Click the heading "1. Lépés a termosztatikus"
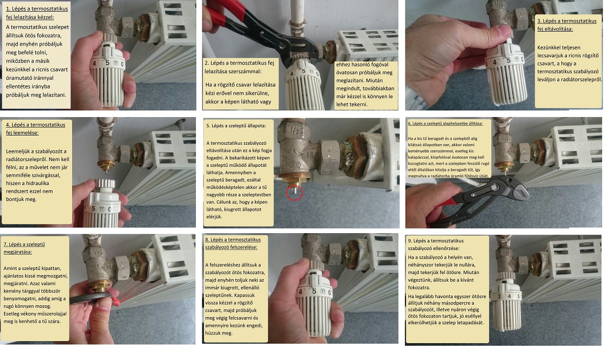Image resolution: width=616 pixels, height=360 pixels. point(37,9)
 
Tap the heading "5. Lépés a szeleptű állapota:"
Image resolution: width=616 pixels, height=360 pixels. point(236,126)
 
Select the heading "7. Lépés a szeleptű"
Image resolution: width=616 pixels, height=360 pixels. point(24,244)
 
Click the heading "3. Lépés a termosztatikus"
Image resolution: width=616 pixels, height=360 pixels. point(567,21)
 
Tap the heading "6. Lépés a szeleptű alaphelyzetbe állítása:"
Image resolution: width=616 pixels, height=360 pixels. point(445,123)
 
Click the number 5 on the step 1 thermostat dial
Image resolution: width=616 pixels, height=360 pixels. point(107,63)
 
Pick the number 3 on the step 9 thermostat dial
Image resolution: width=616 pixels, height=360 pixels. point(499,297)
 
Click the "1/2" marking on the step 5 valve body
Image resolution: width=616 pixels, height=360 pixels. point(294,130)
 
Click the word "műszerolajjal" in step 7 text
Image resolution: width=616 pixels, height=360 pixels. point(52,314)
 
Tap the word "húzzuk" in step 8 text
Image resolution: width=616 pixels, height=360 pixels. point(213,333)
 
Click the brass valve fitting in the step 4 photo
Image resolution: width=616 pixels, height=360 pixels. point(107,165)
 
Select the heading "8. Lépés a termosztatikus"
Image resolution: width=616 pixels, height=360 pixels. point(233,239)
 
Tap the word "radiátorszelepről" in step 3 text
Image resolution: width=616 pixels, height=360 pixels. point(580,80)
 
